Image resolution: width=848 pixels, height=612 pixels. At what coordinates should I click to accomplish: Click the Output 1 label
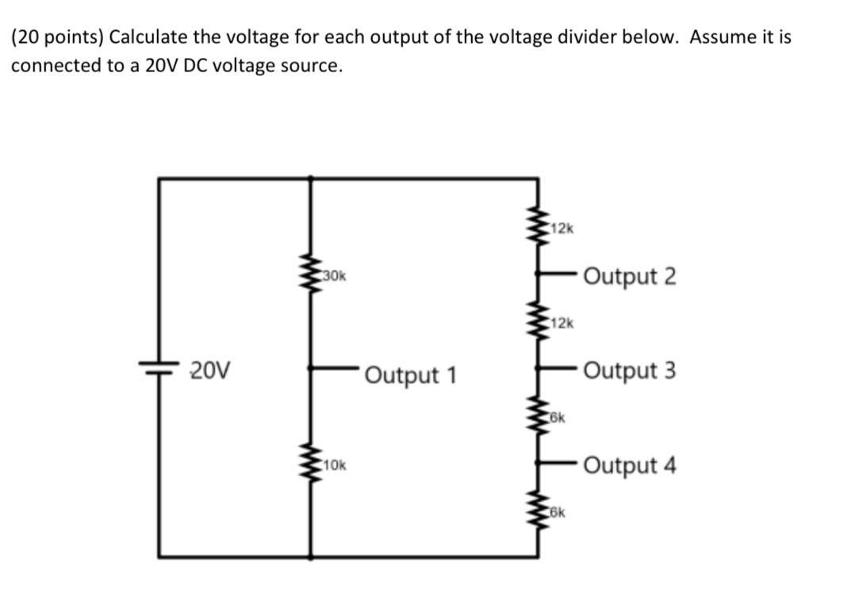point(411,374)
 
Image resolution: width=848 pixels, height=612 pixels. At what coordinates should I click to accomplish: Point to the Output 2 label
point(630,277)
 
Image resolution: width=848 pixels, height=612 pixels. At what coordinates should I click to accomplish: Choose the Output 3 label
point(630,370)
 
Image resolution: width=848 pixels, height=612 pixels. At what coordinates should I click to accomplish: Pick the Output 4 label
point(630,465)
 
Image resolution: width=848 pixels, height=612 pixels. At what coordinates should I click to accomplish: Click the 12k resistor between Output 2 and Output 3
point(539,323)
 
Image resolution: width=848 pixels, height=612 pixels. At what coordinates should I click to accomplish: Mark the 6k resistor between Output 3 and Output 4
point(539,416)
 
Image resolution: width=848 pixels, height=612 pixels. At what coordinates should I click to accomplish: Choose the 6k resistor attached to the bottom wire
point(539,512)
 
